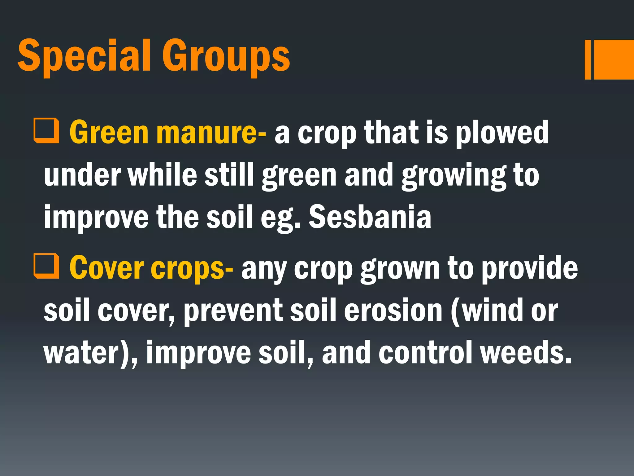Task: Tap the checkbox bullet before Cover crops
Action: (x=46, y=266)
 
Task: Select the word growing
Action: (x=454, y=176)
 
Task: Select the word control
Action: (x=425, y=353)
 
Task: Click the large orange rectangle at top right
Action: (x=614, y=59)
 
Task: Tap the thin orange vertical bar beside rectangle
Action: (x=588, y=59)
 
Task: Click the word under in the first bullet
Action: (x=82, y=176)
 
